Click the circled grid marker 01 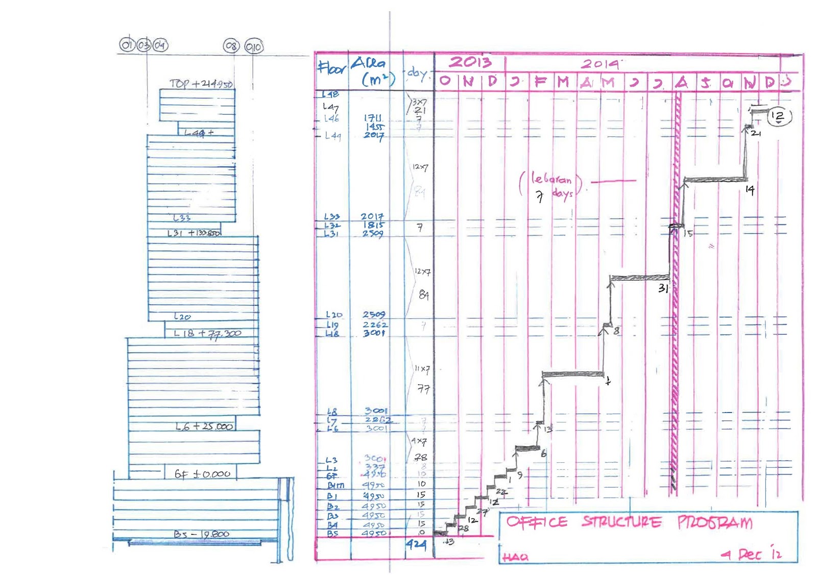pyautogui.click(x=126, y=45)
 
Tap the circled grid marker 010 pyautogui.click(x=254, y=47)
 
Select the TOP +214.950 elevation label pyautogui.click(x=201, y=84)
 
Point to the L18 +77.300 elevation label pyautogui.click(x=207, y=334)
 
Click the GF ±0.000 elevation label pyautogui.click(x=202, y=474)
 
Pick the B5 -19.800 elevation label pyautogui.click(x=201, y=534)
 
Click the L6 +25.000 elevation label pyautogui.click(x=204, y=426)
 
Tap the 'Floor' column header pyautogui.click(x=331, y=68)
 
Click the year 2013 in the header pyautogui.click(x=470, y=62)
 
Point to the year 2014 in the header pyautogui.click(x=600, y=64)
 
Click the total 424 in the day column pyautogui.click(x=416, y=544)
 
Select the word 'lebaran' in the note pyautogui.click(x=551, y=179)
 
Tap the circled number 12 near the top pyautogui.click(x=778, y=116)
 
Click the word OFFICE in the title pyautogui.click(x=537, y=522)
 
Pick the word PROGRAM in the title pyautogui.click(x=715, y=522)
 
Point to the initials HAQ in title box pyautogui.click(x=515, y=557)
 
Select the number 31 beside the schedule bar pyautogui.click(x=663, y=288)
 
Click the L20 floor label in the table pyautogui.click(x=334, y=315)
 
